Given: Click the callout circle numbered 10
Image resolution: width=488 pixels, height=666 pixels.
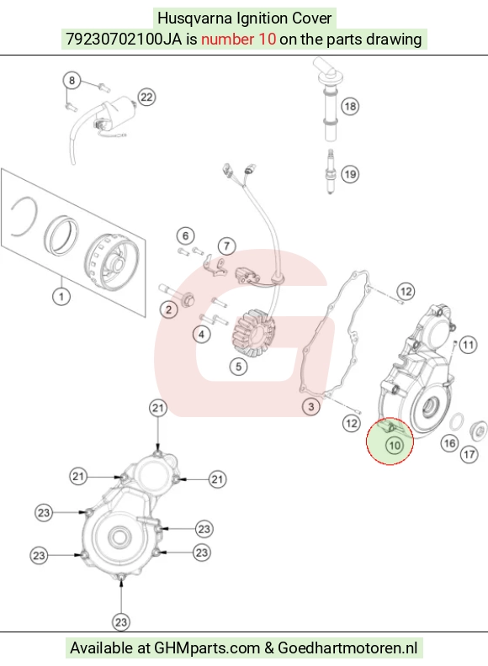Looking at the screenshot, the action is click(x=395, y=445).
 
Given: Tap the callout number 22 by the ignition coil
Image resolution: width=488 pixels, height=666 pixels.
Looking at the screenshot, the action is click(x=146, y=98).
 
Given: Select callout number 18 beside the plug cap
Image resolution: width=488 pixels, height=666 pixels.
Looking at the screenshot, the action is click(x=350, y=106).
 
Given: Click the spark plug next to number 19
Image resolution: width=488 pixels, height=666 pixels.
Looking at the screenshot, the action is click(x=331, y=172).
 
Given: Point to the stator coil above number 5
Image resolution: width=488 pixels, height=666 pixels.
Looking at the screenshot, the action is click(x=254, y=335).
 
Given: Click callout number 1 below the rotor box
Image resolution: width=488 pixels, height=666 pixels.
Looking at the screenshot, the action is click(x=61, y=296).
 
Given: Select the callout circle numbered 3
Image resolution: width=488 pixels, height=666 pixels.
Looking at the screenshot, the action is click(x=311, y=406).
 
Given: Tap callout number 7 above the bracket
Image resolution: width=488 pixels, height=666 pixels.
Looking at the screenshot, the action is click(x=226, y=246).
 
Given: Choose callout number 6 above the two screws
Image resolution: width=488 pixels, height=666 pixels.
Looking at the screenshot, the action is click(x=185, y=235).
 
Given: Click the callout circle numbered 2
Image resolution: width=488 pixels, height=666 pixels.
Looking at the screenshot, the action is click(x=169, y=309).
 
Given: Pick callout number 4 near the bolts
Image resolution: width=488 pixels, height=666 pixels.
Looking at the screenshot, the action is click(x=201, y=335).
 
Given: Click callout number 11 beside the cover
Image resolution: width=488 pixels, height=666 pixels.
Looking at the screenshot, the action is click(x=468, y=345).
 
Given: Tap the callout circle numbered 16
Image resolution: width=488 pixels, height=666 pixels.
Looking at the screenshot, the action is click(x=450, y=443).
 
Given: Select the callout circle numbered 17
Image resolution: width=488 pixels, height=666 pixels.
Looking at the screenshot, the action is click(x=469, y=454).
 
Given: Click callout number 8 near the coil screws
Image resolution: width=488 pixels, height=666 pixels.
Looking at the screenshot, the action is click(x=72, y=80).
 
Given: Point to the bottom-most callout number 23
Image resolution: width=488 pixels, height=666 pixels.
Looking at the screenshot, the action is click(x=121, y=622).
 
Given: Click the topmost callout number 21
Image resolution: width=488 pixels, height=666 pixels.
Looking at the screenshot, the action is click(x=157, y=408).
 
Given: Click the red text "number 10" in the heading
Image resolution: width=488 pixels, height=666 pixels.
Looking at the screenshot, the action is click(x=238, y=39).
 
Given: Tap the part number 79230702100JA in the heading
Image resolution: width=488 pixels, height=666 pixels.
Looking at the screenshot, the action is click(x=124, y=39).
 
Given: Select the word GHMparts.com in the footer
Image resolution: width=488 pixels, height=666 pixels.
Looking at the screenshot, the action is click(x=207, y=647).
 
